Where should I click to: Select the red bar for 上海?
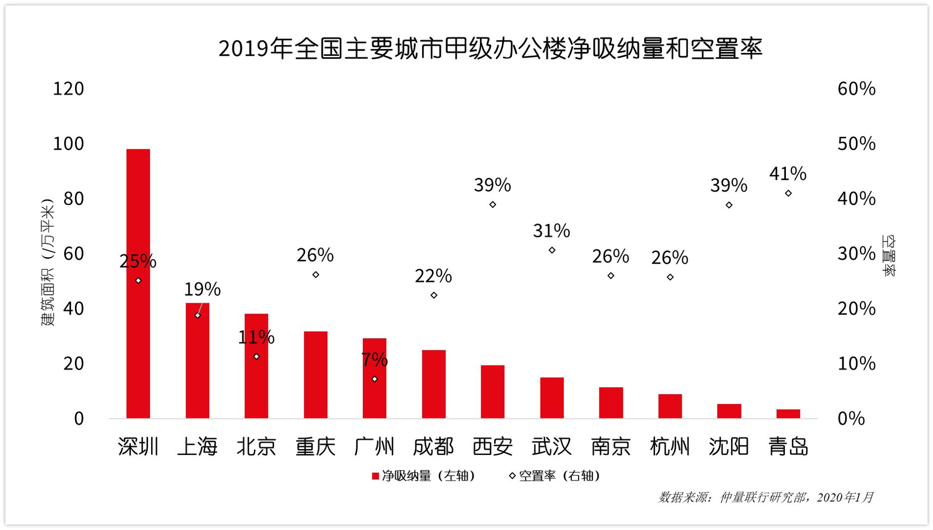coord(197,361)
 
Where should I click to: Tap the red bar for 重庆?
coord(315,375)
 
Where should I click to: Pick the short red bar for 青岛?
coord(788,414)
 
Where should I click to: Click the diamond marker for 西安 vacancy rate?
coord(493,204)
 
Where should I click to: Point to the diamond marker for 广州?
coord(375,379)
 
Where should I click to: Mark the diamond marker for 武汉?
coord(552,250)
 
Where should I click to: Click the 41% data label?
coord(788,174)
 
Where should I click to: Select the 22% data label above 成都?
coord(433,276)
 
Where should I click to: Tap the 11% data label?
coord(256,337)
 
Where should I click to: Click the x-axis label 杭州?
coord(670,447)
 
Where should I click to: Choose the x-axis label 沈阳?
coord(729,447)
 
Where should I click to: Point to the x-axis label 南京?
coord(611,447)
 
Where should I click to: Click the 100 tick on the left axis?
coord(69,144)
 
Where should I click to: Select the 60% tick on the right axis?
coord(856,89)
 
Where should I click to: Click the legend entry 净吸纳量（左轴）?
coord(424,476)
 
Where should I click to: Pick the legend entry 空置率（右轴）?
coord(555,476)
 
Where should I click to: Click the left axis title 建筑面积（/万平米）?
coord(47,262)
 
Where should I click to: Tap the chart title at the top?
coord(491,49)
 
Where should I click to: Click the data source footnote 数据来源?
coord(766,497)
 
